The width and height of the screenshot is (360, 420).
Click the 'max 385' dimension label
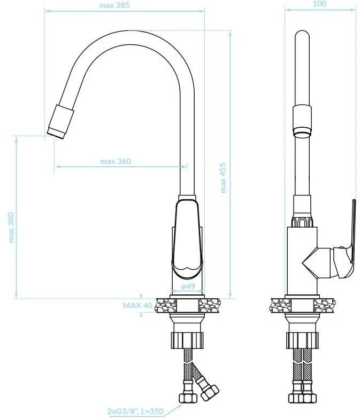[114, 5]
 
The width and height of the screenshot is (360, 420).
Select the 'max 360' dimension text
[116, 161]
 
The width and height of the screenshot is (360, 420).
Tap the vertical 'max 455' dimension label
[223, 178]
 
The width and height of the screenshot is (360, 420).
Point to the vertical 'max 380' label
[11, 228]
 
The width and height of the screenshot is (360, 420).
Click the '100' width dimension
[319, 4]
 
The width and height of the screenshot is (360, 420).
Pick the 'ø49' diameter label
[188, 286]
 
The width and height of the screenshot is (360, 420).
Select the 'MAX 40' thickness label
[137, 305]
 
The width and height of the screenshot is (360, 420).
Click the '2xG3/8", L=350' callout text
[135, 411]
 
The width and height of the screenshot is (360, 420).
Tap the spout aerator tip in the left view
[57, 133]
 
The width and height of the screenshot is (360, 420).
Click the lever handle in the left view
[188, 240]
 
